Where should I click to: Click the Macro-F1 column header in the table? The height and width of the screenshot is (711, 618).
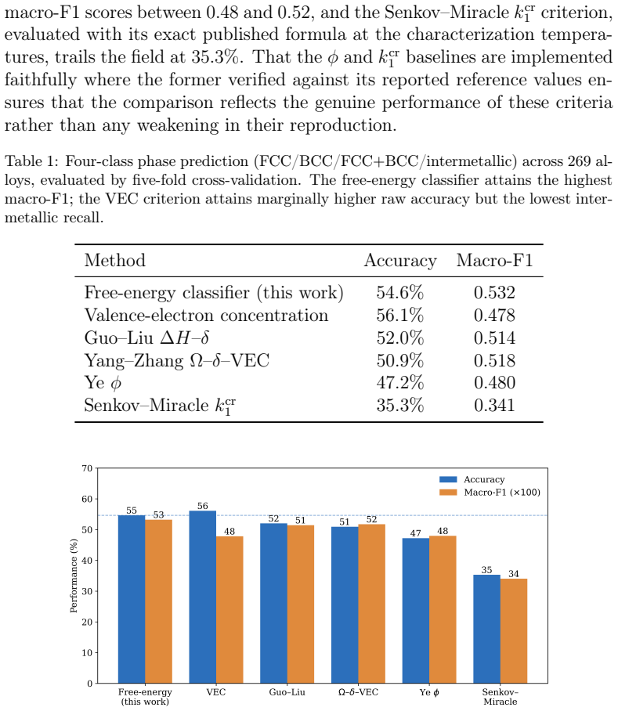[494, 260]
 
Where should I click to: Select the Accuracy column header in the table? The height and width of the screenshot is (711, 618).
[400, 261]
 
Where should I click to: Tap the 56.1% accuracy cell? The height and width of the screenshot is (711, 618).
[400, 315]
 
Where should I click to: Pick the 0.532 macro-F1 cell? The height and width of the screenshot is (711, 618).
[494, 293]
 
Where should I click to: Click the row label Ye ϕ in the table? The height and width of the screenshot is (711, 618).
[103, 383]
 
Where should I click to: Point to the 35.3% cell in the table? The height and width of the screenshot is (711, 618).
[400, 405]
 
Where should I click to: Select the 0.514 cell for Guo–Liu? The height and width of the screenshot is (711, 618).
[494, 337]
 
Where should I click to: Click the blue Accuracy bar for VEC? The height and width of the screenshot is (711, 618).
[203, 597]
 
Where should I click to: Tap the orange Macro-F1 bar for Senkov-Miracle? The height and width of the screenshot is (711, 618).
[514, 631]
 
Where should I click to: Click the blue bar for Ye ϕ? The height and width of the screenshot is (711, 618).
[416, 611]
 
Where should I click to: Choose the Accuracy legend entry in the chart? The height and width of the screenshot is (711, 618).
[472, 479]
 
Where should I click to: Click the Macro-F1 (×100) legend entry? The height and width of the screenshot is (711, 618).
[490, 493]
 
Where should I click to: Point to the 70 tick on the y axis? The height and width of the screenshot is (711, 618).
[87, 468]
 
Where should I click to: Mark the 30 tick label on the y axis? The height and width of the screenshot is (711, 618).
[87, 591]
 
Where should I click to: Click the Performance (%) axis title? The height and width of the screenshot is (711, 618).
[74, 576]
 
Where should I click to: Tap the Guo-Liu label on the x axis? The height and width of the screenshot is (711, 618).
[287, 692]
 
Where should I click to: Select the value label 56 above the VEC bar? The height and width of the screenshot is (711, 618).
[203, 506]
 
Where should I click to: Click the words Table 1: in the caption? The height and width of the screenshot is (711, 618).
[32, 161]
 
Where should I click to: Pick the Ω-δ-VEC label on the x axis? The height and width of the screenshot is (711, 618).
[358, 692]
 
